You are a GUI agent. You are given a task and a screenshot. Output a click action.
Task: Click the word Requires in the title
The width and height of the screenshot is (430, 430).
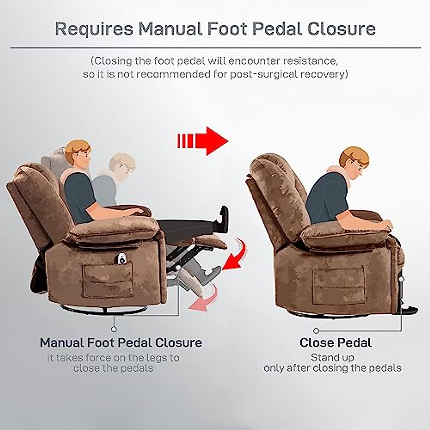point(94,29)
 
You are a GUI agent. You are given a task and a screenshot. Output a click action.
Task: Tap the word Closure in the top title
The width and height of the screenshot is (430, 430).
point(342,29)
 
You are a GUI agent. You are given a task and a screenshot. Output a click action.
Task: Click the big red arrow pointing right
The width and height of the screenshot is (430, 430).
point(203,141)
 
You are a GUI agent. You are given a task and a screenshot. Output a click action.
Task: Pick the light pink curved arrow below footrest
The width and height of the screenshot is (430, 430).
point(206,299)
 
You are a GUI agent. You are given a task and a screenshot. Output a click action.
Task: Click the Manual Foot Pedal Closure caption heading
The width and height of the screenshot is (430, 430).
point(121,343)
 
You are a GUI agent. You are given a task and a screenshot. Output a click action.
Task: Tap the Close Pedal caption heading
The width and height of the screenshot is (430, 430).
point(335,343)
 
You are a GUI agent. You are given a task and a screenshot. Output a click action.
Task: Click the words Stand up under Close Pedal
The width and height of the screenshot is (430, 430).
point(332,357)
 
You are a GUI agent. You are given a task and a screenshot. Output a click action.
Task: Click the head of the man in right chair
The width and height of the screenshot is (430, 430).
point(354,162)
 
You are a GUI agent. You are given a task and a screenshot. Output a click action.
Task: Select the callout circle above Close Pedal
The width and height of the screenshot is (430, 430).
point(316,330)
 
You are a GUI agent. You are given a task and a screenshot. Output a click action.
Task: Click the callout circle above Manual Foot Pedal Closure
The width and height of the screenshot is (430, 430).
point(114,329)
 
